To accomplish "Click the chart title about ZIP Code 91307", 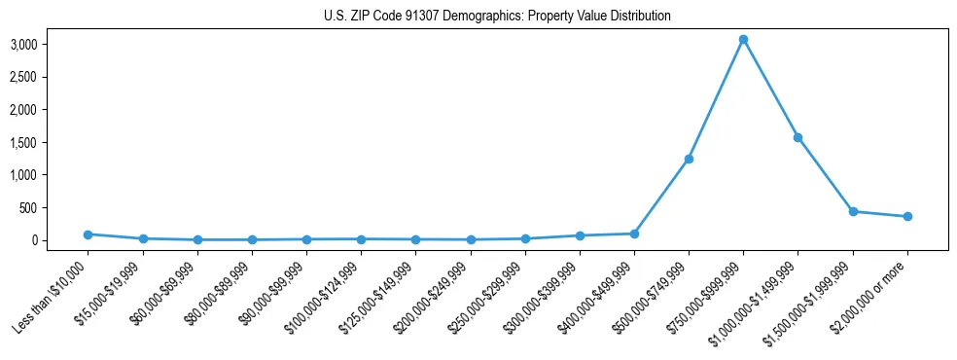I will click(497, 16).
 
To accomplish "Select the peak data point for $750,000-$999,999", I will click(743, 40).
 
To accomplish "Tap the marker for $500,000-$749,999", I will click(689, 159).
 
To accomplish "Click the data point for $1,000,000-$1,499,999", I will click(797, 137).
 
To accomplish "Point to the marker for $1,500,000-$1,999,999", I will click(852, 211).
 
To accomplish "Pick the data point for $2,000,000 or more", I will click(906, 216).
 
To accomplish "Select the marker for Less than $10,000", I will click(88, 234).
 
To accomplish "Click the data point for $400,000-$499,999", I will click(634, 234).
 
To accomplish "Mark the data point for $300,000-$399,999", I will click(580, 235).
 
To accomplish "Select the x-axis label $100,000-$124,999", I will click(326, 292).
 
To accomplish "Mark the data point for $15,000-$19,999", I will click(142, 238).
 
